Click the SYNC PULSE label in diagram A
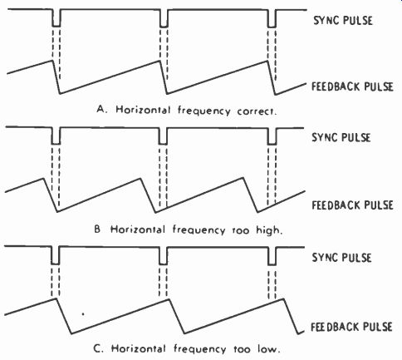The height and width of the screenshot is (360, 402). click(343, 21)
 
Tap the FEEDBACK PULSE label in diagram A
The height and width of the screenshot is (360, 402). click(352, 86)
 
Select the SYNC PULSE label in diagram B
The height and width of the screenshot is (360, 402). click(341, 137)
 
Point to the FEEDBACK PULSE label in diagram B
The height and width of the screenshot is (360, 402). click(352, 205)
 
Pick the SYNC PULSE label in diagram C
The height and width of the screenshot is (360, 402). click(341, 258)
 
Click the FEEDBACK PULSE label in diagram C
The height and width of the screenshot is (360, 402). click(351, 327)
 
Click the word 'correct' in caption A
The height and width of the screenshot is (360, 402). click(257, 111)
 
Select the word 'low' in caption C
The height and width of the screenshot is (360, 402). click(268, 348)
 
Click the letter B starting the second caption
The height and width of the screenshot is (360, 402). click(97, 229)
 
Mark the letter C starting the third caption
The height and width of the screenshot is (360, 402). click(98, 348)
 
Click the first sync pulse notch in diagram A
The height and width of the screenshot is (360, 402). click(56, 18)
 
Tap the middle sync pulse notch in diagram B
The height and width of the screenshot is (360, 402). click(163, 136)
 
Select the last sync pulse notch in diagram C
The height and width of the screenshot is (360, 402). click(272, 256)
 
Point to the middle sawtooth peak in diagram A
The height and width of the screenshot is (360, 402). click(160, 61)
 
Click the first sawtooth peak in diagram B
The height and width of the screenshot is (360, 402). click(43, 178)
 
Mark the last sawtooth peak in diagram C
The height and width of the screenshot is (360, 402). click(283, 298)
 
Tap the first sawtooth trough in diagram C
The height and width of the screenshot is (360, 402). click(71, 333)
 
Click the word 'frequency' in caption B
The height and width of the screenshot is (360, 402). click(199, 230)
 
